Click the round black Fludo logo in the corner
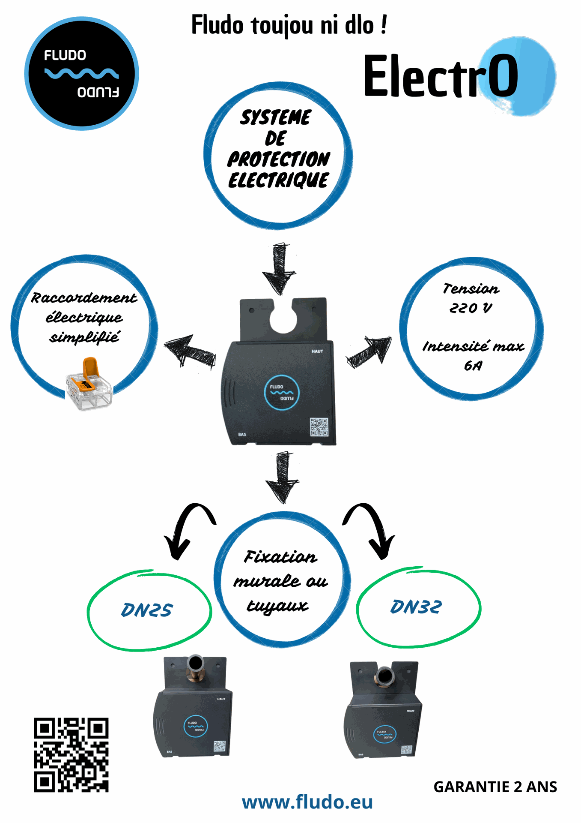(81, 73)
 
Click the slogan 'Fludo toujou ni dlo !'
(289, 25)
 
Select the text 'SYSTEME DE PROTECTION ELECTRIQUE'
(278, 149)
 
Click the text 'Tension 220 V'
(471, 298)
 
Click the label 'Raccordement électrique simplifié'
(84, 317)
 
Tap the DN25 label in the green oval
(147, 610)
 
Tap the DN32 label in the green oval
(416, 607)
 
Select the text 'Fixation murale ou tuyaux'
(280, 581)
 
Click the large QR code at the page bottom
(71, 754)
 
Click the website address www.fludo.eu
(307, 802)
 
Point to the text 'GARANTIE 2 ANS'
(495, 787)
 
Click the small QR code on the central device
(319, 427)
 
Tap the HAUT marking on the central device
(317, 351)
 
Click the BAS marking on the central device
(242, 434)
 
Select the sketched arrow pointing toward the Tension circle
(369, 351)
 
